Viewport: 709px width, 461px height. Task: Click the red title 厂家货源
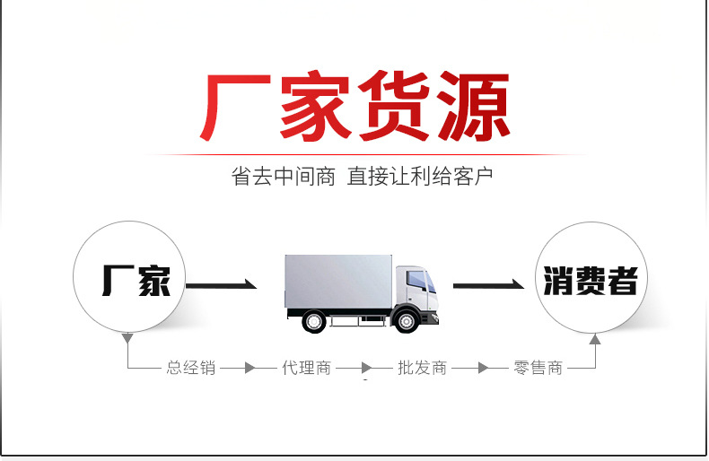[354, 106]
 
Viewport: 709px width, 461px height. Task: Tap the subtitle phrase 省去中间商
[283, 176]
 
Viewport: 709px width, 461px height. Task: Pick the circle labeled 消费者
[589, 280]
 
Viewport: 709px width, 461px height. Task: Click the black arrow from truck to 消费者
[488, 285]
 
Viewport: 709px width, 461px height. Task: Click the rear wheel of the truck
[315, 320]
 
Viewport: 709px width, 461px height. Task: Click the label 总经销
[190, 368]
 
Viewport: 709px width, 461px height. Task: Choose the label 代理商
[306, 368]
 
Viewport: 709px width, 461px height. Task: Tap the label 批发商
[422, 368]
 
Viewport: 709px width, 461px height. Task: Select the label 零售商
[538, 368]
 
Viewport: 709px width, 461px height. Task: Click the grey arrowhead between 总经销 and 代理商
[249, 368]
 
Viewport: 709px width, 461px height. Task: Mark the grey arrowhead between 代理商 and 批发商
[365, 368]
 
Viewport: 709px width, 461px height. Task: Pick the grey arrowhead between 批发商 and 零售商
[482, 368]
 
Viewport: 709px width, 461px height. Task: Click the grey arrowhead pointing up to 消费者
[594, 339]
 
